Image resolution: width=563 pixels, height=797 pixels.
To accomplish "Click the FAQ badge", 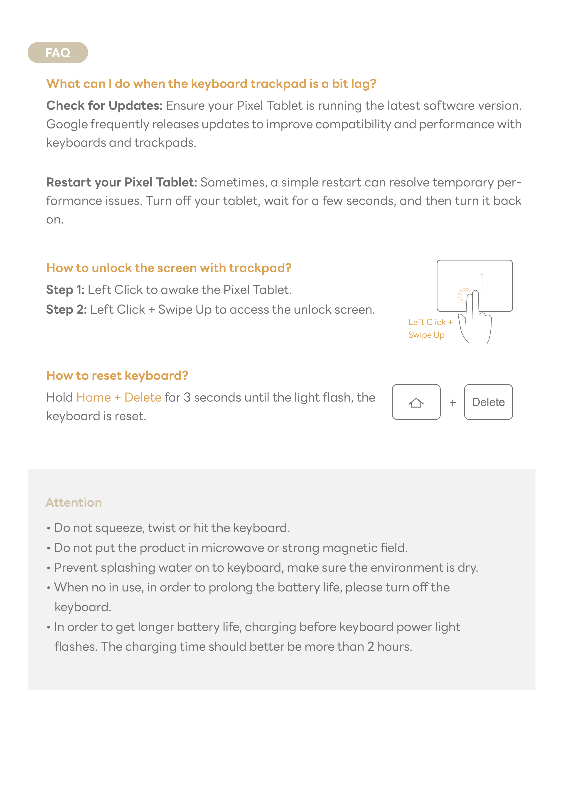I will (58, 53).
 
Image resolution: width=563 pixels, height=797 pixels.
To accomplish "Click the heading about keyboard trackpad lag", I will (211, 84).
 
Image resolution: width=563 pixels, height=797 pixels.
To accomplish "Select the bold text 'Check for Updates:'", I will (104, 106).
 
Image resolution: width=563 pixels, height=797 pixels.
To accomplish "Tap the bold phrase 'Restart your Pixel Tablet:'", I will (121, 182).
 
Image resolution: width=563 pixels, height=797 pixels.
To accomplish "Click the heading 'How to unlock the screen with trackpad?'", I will (169, 268).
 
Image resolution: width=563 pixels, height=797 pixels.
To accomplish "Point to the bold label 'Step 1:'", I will (65, 290).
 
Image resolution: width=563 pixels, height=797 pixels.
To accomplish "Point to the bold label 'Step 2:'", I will (66, 310).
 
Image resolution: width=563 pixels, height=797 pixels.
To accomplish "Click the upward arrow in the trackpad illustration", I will (482, 283).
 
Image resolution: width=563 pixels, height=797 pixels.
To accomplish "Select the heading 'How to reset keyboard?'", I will (117, 376).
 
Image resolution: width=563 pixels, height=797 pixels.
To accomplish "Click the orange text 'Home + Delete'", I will (119, 397).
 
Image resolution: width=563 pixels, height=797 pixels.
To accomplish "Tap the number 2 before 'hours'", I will (371, 647).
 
